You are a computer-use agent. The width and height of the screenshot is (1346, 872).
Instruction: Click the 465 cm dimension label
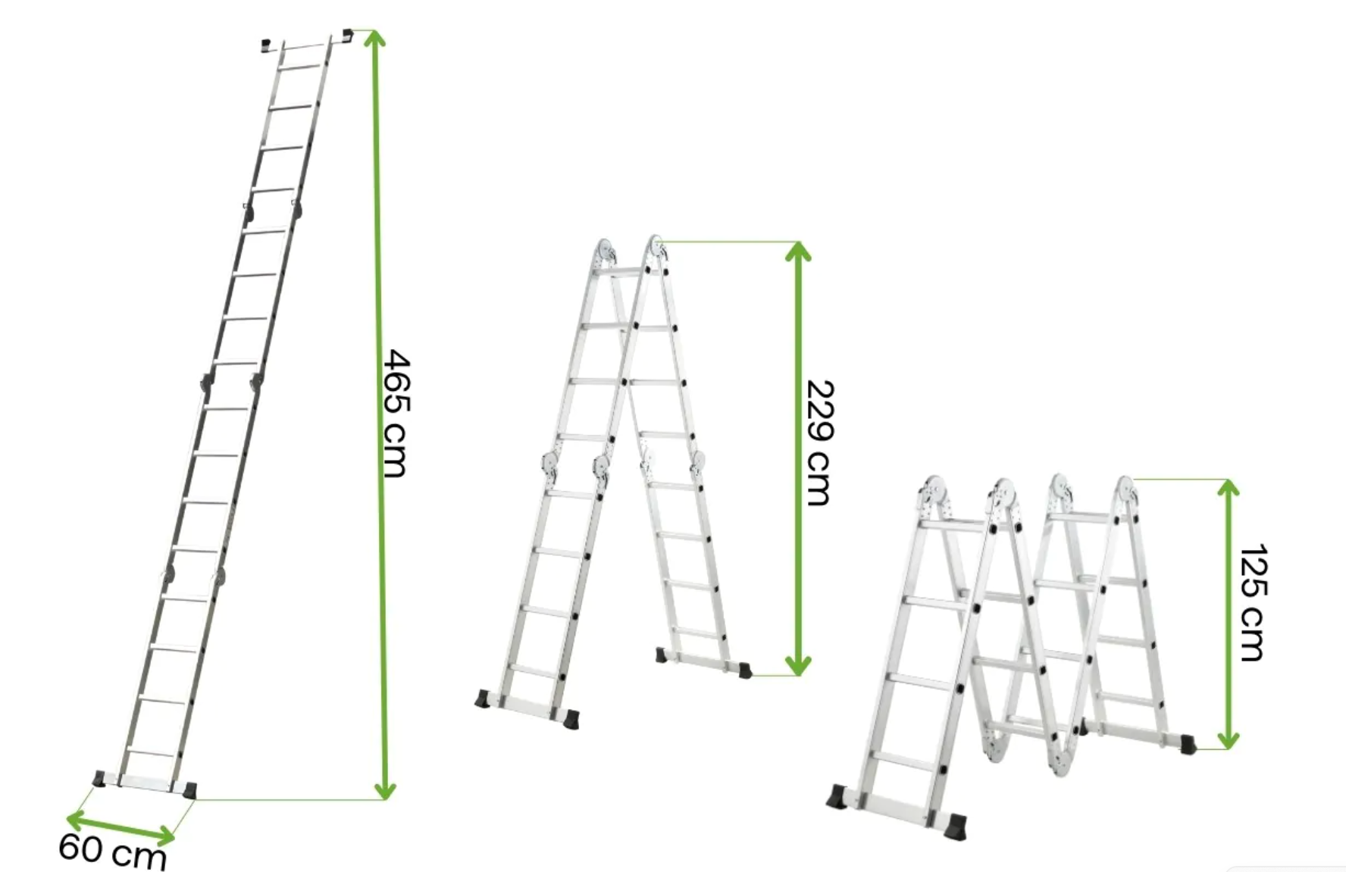(x=395, y=413)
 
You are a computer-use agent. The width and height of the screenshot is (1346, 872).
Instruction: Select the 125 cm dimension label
(x=1251, y=602)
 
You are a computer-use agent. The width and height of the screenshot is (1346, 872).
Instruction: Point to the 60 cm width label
(x=112, y=850)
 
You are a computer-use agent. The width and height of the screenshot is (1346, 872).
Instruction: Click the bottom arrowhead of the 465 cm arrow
(x=385, y=790)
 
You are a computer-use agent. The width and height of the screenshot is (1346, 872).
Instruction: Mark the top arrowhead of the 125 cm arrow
(x=1228, y=488)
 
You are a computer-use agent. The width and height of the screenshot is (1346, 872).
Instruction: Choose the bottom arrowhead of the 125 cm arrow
(x=1228, y=740)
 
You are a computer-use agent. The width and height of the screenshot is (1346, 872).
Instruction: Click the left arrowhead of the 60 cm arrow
(x=76, y=818)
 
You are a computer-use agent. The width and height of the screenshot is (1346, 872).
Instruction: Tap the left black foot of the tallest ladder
(x=99, y=778)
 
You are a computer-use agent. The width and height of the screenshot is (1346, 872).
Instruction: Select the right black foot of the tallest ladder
(x=189, y=790)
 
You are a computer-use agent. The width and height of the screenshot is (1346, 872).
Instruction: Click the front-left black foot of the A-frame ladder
(x=484, y=699)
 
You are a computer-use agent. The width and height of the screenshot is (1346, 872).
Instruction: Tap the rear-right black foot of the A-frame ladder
(x=745, y=670)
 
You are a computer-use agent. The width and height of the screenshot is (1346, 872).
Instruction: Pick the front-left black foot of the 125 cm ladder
(x=838, y=797)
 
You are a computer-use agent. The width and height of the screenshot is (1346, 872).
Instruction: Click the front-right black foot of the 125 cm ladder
(x=957, y=826)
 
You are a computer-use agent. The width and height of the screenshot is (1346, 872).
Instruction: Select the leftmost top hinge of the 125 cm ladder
(x=934, y=493)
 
